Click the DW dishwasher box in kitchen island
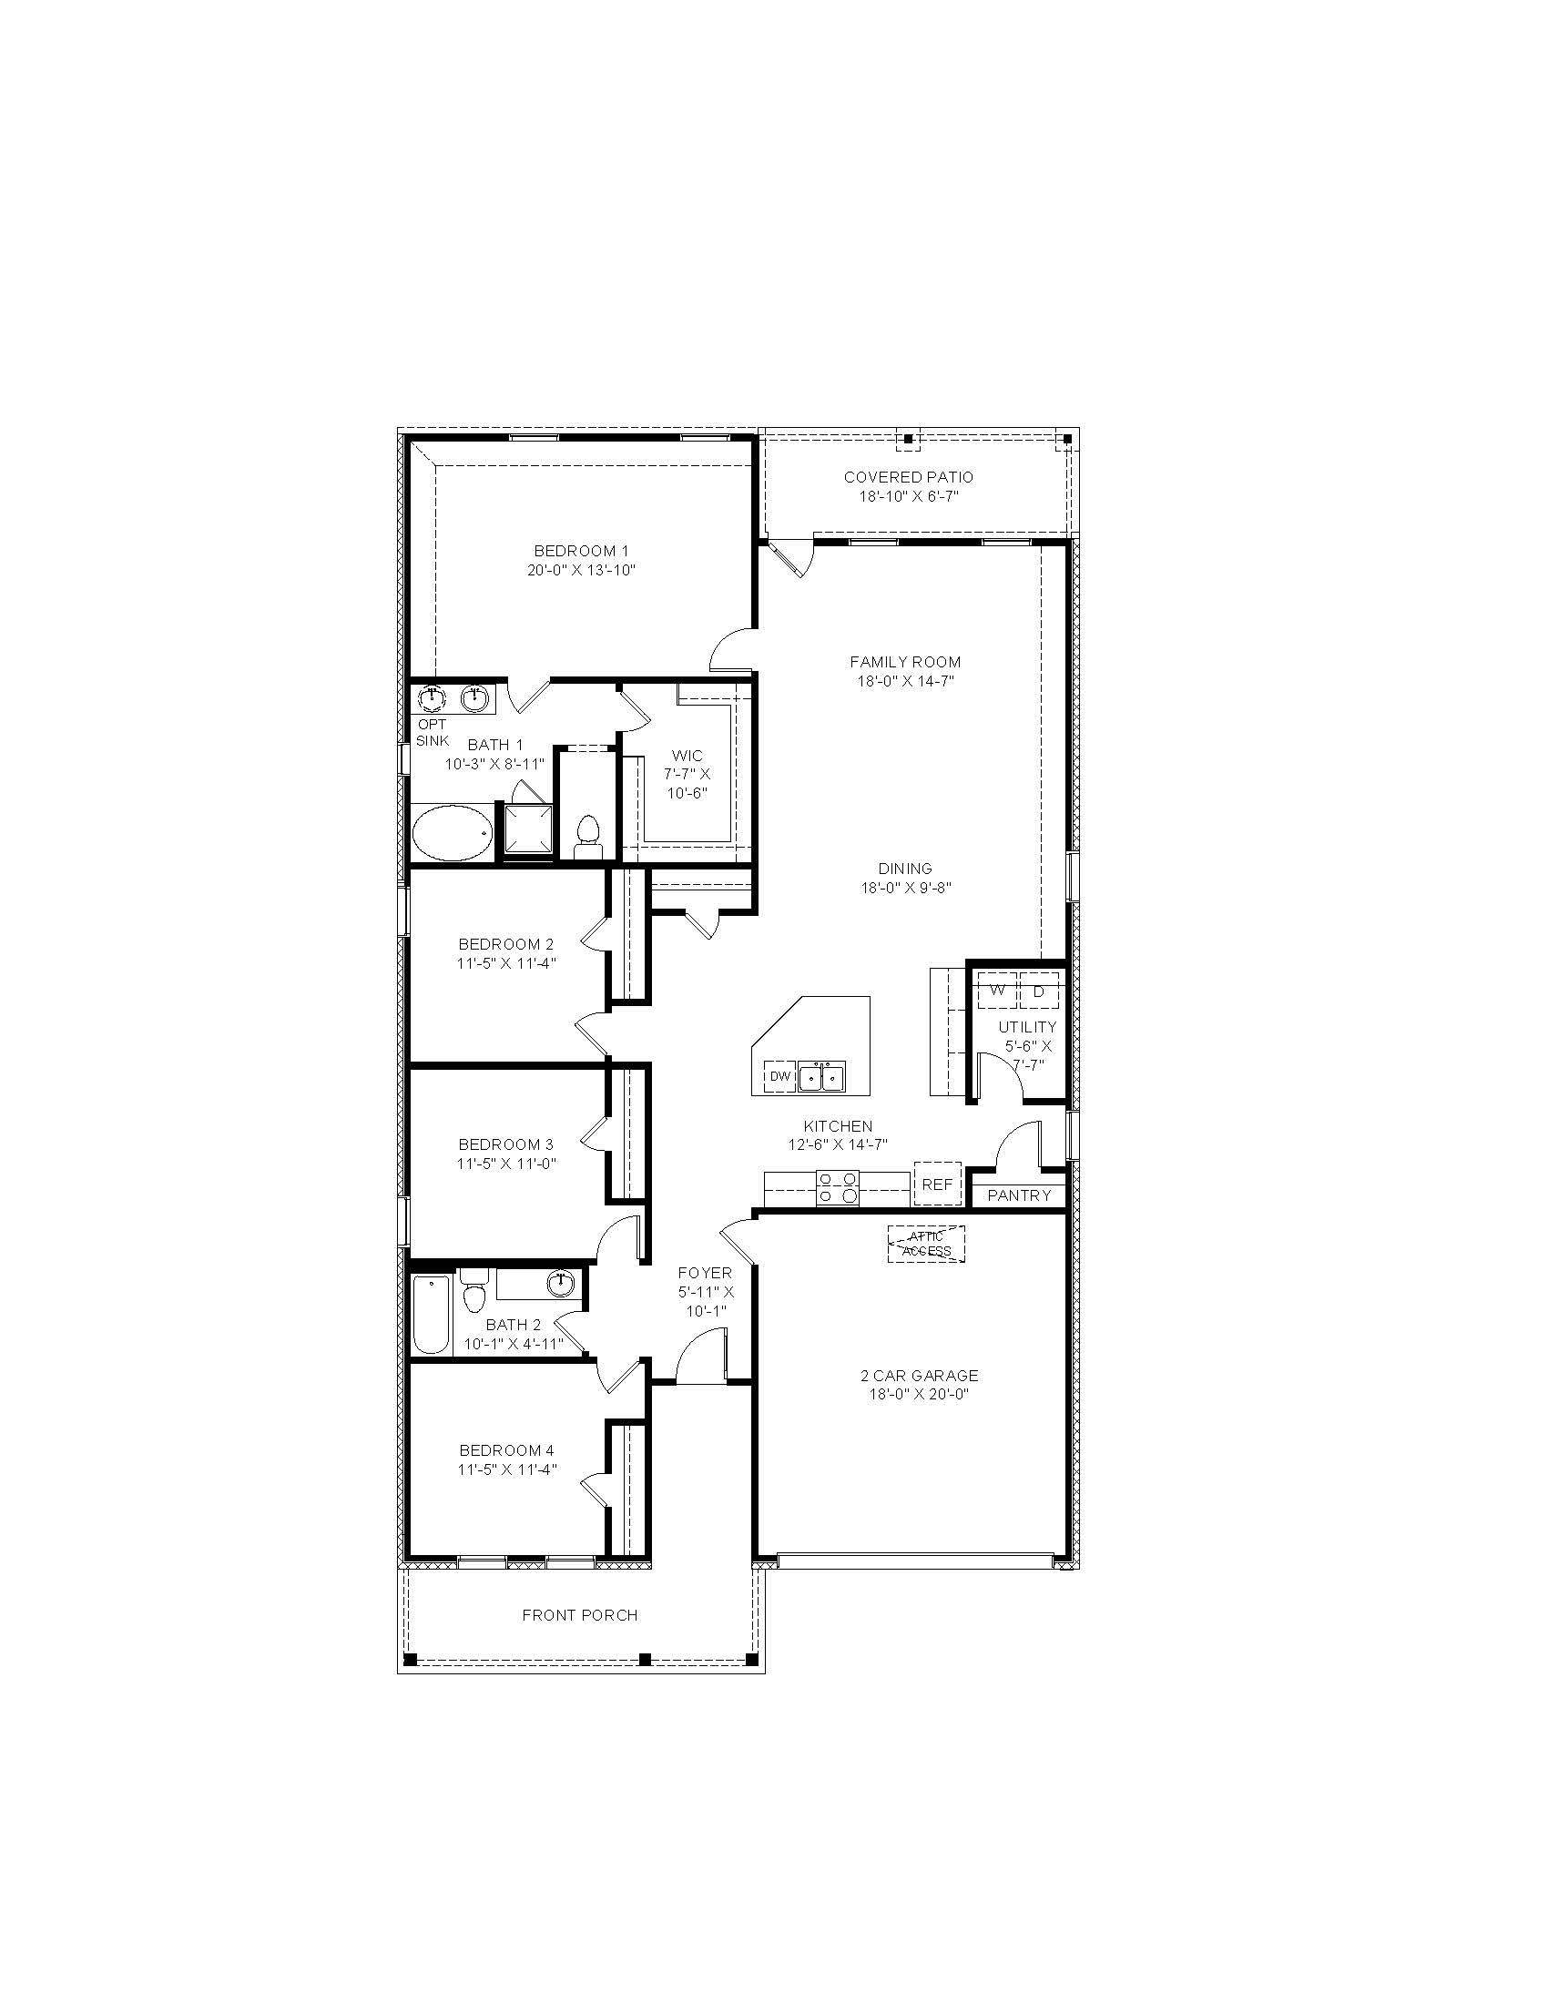coord(779,1076)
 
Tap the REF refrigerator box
coord(936,1185)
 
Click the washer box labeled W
coord(997,991)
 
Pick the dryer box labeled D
coord(1039,991)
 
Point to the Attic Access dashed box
coord(926,1245)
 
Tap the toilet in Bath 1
coord(586,838)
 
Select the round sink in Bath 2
coord(560,1284)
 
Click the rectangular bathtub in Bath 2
coord(431,1314)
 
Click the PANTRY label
coord(1019,1196)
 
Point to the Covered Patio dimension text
coord(908,496)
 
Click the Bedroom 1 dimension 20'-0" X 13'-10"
coord(582,570)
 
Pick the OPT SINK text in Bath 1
coord(432,733)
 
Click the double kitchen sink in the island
coord(820,1077)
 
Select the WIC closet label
coord(687,756)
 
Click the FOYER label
coord(704,1273)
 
